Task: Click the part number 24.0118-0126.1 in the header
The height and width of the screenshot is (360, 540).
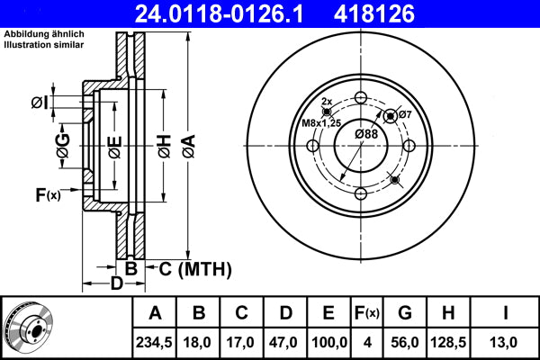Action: tap(193, 13)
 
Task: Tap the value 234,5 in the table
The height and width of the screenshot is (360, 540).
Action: tap(156, 341)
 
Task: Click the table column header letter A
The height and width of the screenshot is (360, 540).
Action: tap(156, 313)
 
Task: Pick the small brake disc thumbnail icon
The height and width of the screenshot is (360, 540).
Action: tap(28, 328)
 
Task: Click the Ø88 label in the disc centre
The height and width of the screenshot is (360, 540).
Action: tap(365, 134)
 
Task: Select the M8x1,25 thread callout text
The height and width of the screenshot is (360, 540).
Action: tap(322, 122)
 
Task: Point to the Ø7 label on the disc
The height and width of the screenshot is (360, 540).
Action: tap(405, 114)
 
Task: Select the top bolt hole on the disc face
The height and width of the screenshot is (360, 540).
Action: tap(360, 98)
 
